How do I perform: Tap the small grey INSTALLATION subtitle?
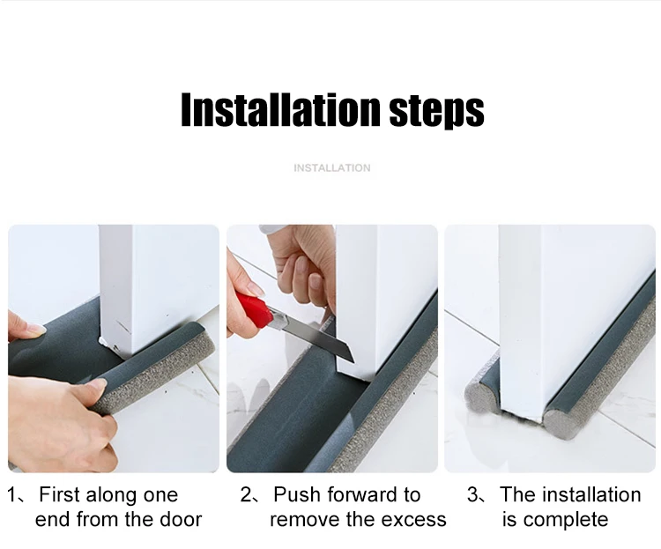pyautogui.click(x=332, y=167)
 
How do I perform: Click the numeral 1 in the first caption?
pyautogui.click(x=11, y=494)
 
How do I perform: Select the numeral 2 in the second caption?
pyautogui.click(x=246, y=494)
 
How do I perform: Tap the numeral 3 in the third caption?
pyautogui.click(x=472, y=494)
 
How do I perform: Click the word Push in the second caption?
pyautogui.click(x=297, y=494)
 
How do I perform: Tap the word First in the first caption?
pyautogui.click(x=59, y=494)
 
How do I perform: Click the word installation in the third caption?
pyautogui.click(x=593, y=494)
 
